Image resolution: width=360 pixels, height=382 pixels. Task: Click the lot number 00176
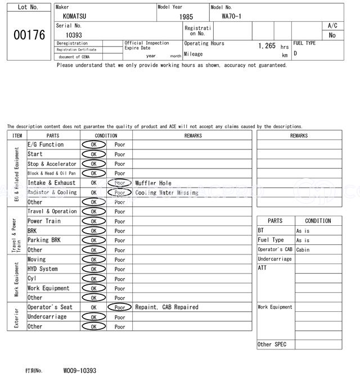pyautogui.click(x=29, y=35)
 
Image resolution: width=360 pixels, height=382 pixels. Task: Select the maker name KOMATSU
pyautogui.click(x=75, y=16)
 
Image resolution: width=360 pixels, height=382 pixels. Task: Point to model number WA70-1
pyautogui.click(x=232, y=16)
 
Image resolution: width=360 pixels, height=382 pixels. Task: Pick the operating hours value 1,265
pyautogui.click(x=267, y=46)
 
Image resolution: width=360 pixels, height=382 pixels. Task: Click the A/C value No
pyautogui.click(x=332, y=35)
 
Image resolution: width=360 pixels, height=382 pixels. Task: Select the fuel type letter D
pyautogui.click(x=295, y=53)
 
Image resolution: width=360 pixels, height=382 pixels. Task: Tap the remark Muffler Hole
pyautogui.click(x=153, y=183)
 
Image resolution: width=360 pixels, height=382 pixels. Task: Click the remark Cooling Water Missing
pyautogui.click(x=166, y=193)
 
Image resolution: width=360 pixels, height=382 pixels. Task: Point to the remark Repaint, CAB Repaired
pyautogui.click(x=166, y=307)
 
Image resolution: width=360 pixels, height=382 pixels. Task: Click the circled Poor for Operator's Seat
pyautogui.click(x=119, y=308)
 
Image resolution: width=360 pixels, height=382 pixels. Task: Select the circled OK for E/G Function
pyautogui.click(x=93, y=145)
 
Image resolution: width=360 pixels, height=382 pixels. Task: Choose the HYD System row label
pyautogui.click(x=43, y=269)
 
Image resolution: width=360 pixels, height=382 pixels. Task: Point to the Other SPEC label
pyautogui.click(x=272, y=344)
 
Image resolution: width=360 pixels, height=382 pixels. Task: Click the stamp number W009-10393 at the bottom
pyautogui.click(x=79, y=371)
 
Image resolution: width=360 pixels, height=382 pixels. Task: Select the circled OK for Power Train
pyautogui.click(x=93, y=221)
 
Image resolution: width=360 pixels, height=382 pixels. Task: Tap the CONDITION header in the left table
pyautogui.click(x=106, y=135)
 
